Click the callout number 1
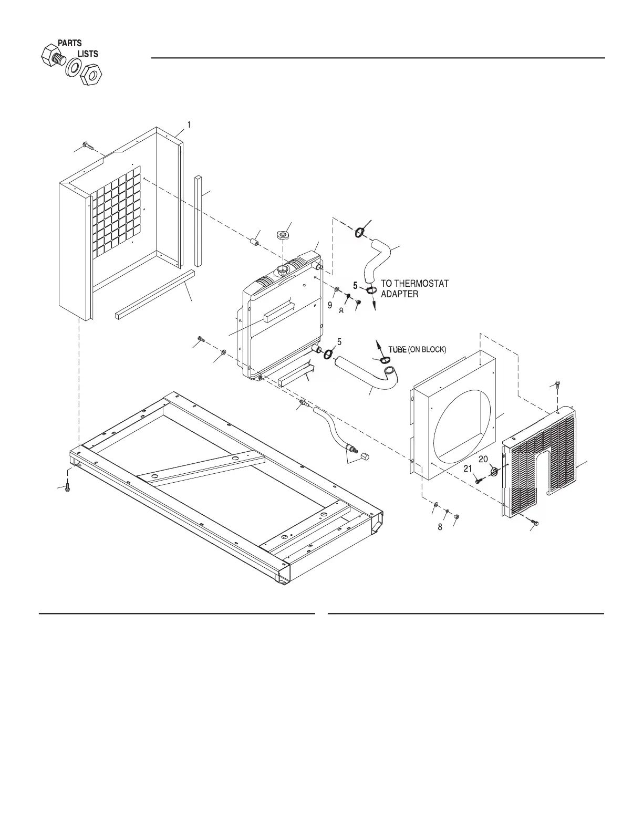189,124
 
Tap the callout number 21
468,469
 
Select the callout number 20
483,459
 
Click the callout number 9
330,305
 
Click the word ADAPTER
399,294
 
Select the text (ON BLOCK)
427,349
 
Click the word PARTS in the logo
69,43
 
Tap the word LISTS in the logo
88,54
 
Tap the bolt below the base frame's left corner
67,488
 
